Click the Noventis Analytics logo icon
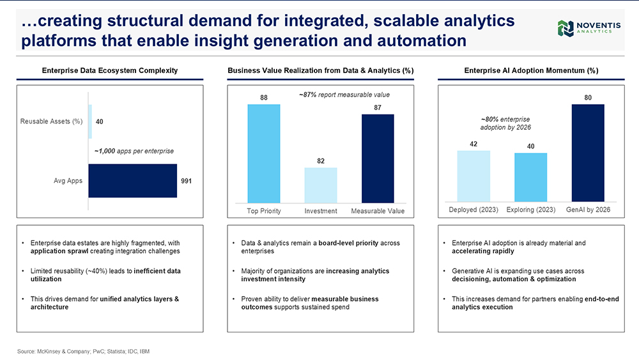coord(566,29)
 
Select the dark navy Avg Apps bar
coord(133,180)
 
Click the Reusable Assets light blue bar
coord(90,121)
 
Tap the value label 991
coord(186,181)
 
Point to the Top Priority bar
coord(264,153)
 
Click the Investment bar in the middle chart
coord(321,185)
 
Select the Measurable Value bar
coord(378,158)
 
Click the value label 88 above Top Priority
coord(264,97)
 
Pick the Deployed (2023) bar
coord(473,176)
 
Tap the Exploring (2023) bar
coord(530,177)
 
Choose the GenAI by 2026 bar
coord(588,153)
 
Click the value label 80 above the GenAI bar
coord(588,97)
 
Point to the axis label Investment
coord(321,211)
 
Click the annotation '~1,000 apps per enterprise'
coord(134,151)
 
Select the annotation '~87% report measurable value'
coord(344,95)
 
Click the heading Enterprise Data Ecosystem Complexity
coord(110,70)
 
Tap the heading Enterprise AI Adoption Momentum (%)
coord(532,70)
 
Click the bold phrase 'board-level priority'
coord(348,243)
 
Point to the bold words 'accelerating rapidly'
coord(483,251)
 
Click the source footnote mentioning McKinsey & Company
coord(84,352)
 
